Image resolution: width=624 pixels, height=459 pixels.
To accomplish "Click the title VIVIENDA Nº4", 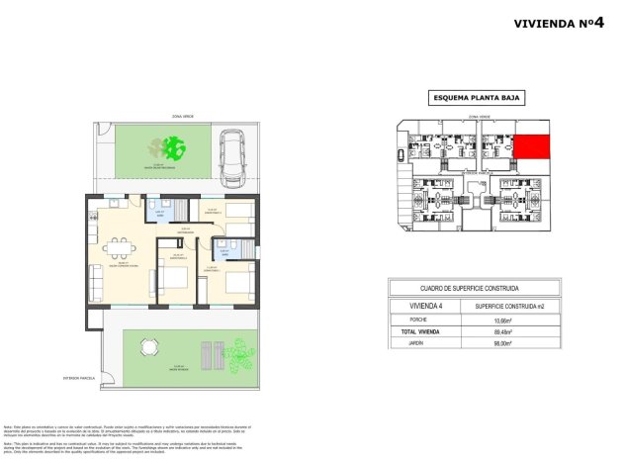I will (560, 24).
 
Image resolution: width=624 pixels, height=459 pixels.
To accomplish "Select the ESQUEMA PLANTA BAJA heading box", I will (477, 97).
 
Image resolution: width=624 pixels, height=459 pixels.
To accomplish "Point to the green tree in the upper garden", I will (175, 149).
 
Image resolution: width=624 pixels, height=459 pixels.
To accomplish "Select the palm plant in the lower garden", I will (237, 353).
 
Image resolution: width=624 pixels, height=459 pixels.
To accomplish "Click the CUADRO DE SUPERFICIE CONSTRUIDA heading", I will (476, 288).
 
